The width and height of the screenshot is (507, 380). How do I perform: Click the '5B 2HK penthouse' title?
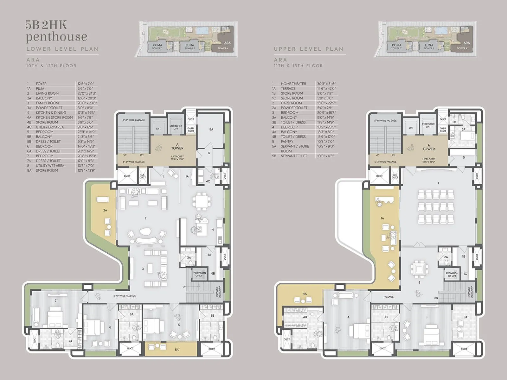click(56, 31)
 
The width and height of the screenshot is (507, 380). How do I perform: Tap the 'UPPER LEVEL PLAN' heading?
click(309, 49)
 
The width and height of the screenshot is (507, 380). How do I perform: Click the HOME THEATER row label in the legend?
click(293, 84)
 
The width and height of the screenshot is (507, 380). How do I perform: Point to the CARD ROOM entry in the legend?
click(291, 103)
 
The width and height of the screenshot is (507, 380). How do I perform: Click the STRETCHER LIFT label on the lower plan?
click(176, 127)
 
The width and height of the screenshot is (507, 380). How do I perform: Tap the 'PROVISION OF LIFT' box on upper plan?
click(452, 274)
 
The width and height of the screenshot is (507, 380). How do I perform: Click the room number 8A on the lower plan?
click(211, 129)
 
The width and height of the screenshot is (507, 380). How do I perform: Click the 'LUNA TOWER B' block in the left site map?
click(189, 47)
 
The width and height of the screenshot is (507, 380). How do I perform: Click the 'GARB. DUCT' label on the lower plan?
click(190, 130)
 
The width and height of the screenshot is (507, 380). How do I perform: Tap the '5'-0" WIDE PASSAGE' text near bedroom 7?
click(125, 296)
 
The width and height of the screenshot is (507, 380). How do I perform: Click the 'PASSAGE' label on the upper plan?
click(388, 297)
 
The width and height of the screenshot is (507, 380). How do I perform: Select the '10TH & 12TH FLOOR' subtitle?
click(51, 66)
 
